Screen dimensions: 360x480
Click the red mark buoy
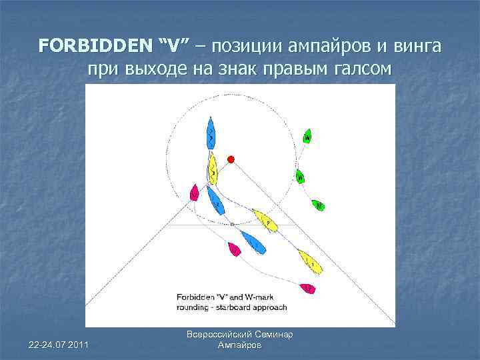click(231, 159)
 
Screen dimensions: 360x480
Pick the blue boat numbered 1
click(253, 243)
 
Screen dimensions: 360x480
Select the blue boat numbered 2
click(215, 199)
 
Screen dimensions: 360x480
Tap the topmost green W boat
click(307, 136)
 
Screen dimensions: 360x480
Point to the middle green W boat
click(300, 177)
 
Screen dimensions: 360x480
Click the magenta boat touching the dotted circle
click(194, 193)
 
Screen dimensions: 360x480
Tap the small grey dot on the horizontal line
click(232, 225)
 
